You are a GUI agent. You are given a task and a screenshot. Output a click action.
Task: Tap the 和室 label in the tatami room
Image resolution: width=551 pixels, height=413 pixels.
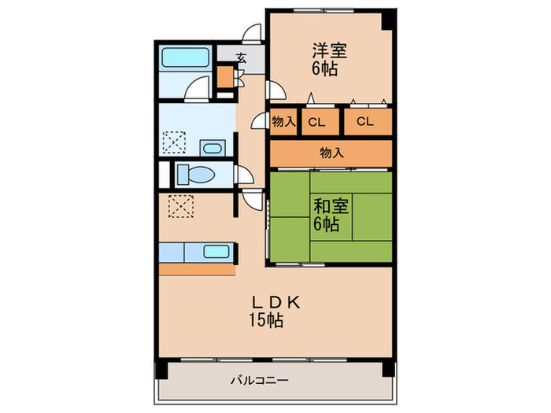coord(331,206)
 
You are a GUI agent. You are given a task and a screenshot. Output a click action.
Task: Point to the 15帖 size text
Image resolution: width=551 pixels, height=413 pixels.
coord(266,320)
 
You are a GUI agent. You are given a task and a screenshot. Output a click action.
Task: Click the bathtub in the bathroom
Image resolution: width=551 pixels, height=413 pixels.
coord(185,58)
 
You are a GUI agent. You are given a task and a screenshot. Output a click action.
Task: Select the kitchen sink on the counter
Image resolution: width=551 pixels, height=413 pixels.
coord(215,253)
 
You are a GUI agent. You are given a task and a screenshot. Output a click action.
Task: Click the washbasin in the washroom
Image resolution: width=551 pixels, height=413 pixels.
coord(212,147)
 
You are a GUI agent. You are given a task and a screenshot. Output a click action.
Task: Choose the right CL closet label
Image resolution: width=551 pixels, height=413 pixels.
coord(364,121)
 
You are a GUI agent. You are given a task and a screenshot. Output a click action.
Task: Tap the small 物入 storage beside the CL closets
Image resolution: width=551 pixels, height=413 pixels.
coord(283,121)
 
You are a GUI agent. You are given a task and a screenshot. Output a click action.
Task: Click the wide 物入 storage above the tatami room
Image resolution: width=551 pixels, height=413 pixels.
coord(331,153)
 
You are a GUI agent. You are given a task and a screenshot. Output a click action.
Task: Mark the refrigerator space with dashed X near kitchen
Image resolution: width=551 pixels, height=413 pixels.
coord(181,207)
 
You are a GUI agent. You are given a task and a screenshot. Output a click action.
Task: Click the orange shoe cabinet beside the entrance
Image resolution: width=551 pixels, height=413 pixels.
coord(225,79)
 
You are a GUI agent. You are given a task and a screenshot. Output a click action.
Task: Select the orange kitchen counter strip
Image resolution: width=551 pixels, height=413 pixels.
coord(197,269)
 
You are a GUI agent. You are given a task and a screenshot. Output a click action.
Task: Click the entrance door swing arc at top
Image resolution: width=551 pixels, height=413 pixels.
coord(252,32)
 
